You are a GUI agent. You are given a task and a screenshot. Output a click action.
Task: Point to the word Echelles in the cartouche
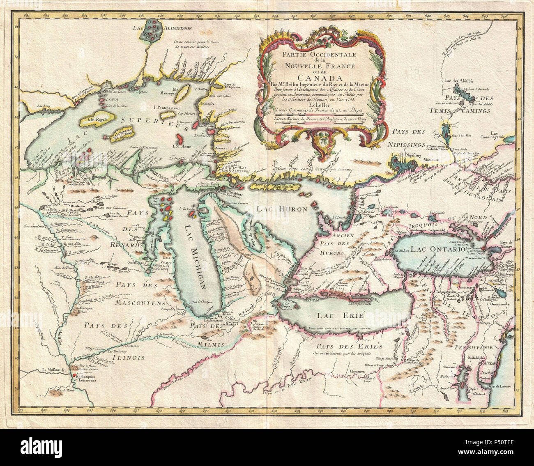pos(319,105)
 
